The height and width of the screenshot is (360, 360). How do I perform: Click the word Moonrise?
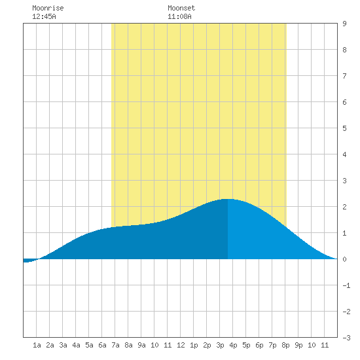(x=48, y=8)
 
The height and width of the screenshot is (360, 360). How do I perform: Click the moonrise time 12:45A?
(x=44, y=16)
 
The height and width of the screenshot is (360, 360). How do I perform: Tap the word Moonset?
(x=181, y=8)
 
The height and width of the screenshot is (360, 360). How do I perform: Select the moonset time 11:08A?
(x=179, y=16)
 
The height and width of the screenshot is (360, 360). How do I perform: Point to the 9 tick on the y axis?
(x=344, y=24)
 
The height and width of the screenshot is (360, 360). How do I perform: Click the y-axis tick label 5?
(x=344, y=128)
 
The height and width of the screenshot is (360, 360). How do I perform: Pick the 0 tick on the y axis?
(x=344, y=259)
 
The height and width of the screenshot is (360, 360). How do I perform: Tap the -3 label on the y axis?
(x=346, y=338)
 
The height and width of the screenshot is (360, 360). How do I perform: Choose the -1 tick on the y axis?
(x=346, y=285)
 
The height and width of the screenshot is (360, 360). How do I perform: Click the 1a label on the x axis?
(x=37, y=345)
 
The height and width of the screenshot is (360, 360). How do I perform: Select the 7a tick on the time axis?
(x=115, y=345)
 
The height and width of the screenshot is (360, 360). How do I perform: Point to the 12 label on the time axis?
(x=181, y=345)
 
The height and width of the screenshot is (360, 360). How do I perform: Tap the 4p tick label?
(x=233, y=345)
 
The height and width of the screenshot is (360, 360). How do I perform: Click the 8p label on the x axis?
(x=285, y=345)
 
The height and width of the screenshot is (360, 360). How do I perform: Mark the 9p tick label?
(x=298, y=345)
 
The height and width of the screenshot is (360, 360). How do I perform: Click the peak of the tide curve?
(x=228, y=199)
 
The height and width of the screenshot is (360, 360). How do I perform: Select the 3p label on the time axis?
(x=220, y=345)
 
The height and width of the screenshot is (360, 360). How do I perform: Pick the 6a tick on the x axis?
(x=102, y=345)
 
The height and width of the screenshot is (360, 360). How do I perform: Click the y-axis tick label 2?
(x=344, y=207)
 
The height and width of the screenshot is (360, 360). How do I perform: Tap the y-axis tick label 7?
(x=344, y=76)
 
